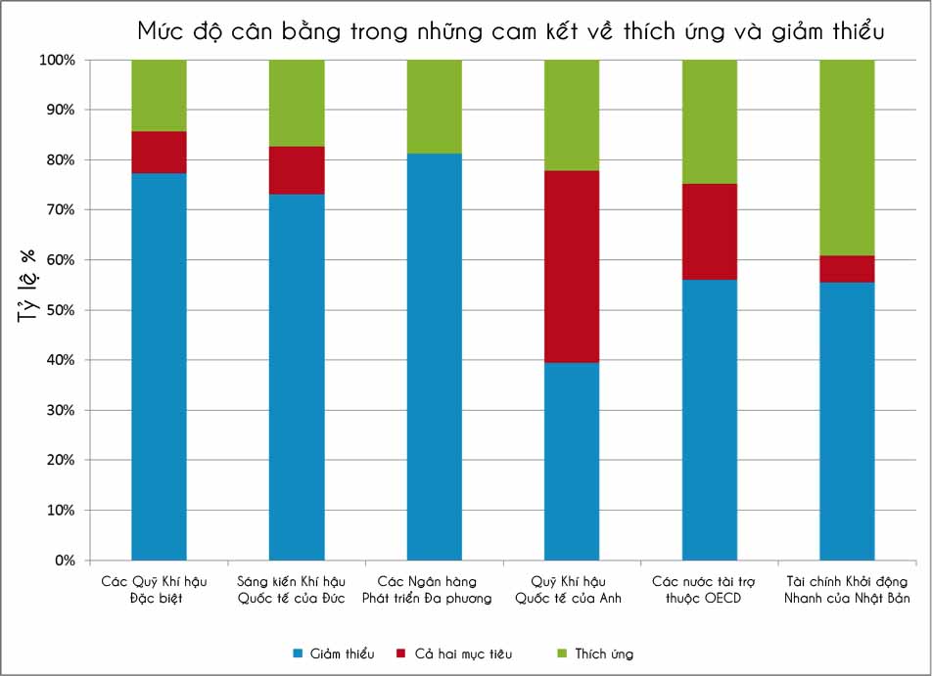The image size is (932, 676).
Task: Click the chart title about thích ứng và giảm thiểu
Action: click(x=512, y=31)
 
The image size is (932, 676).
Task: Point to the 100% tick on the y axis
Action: click(x=57, y=60)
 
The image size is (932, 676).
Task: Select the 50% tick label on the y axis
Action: click(x=60, y=310)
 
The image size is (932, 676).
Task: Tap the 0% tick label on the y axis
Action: click(x=65, y=561)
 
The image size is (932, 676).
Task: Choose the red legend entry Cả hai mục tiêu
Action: click(x=454, y=653)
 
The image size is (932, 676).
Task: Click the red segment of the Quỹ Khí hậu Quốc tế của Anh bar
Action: click(x=572, y=266)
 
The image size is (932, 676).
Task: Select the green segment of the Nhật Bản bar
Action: click(x=847, y=157)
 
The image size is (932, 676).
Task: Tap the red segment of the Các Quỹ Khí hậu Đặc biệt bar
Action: click(x=159, y=152)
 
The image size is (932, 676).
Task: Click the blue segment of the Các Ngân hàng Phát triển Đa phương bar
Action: click(x=434, y=357)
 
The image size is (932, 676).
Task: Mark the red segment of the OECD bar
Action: click(x=710, y=231)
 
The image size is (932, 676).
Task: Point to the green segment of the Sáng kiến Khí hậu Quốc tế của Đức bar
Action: click(x=297, y=103)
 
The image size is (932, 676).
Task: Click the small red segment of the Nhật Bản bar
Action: click(x=847, y=269)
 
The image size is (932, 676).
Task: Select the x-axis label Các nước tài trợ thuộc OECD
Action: click(x=709, y=589)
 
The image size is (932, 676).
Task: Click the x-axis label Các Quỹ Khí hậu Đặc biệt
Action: click(x=159, y=589)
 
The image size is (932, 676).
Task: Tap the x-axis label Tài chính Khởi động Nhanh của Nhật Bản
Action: click(x=847, y=589)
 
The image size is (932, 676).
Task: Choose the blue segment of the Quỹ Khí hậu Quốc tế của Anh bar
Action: click(x=572, y=461)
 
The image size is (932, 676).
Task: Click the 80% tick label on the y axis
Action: click(x=60, y=159)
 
